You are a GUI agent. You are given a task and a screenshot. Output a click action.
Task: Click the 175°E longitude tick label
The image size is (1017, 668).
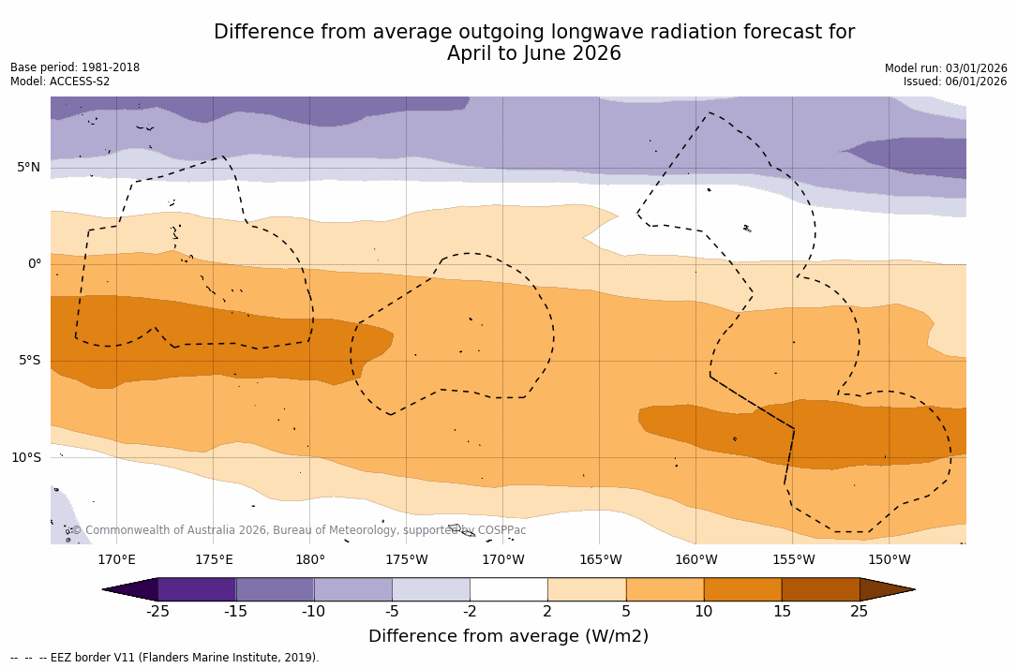pos(214,560)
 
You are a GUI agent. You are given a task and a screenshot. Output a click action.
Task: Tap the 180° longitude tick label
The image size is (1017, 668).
pos(310,560)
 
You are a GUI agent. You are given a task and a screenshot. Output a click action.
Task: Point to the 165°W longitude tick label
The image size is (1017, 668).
pos(600,560)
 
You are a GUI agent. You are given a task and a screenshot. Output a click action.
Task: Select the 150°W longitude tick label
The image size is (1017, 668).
pos(889,560)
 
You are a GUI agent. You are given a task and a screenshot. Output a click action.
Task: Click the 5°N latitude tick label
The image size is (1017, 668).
pos(28,168)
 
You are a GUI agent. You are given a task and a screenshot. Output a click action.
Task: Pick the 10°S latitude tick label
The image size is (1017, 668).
pos(26,457)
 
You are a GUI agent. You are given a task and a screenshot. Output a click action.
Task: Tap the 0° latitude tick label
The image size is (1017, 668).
pos(34,264)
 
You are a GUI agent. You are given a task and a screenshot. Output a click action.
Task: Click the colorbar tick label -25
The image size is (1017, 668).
pos(157,612)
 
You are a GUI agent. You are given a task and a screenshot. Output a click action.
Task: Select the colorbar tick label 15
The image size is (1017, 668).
pos(781,612)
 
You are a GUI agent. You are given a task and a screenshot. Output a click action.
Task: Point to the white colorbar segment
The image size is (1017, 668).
pos(509,589)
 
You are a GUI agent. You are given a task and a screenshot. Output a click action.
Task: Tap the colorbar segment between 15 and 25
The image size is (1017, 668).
pos(820,589)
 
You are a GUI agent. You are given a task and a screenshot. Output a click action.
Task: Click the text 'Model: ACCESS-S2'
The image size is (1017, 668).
pos(60,82)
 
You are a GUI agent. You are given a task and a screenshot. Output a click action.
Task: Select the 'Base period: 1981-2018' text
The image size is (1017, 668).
pos(75,67)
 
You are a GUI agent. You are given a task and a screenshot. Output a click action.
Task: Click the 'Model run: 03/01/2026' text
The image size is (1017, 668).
pos(946,68)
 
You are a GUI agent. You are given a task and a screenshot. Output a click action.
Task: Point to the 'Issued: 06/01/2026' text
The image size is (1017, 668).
pos(955,82)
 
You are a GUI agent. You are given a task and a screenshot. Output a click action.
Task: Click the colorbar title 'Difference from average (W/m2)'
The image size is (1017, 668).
pos(508,636)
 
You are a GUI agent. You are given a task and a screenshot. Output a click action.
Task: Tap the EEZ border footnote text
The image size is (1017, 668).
pos(165,658)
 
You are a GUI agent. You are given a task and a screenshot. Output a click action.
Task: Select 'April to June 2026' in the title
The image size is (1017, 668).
pos(534,53)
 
